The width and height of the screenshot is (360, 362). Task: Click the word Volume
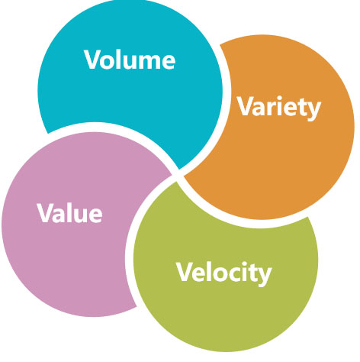[130, 60]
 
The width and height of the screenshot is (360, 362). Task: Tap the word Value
[69, 213]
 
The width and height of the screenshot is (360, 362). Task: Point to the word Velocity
[224, 273]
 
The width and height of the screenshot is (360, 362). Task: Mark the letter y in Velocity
[264, 276]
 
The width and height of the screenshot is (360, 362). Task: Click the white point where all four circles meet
[178, 176]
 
